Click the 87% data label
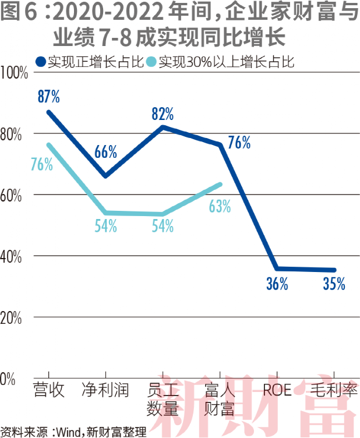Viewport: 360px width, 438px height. pos(49,97)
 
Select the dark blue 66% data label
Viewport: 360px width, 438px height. pos(106,153)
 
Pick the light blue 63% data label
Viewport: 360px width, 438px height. pos(220,206)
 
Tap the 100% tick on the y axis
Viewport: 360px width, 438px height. pos(15,73)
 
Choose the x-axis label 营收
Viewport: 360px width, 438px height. pos(49,390)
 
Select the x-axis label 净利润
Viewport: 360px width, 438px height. pos(105,390)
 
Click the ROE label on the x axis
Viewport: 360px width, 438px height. pos(277,390)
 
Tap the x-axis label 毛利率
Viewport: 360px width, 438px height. pos(334,390)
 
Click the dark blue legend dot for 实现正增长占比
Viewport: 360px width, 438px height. pos(40,61)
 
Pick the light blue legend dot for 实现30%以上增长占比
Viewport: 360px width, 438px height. pos(152,61)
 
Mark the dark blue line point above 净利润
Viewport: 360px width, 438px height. pos(105,176)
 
